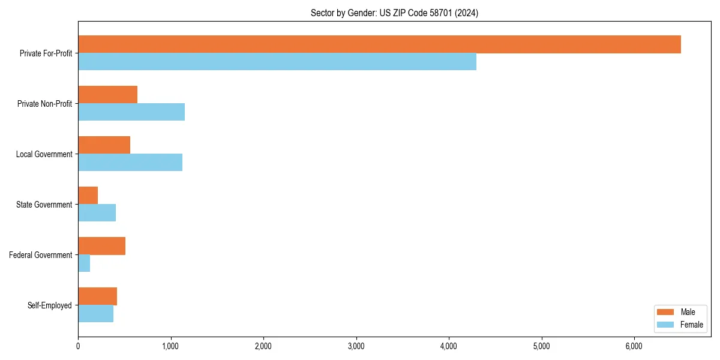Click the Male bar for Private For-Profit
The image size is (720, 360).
point(379,44)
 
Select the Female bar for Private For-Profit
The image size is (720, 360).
point(277,62)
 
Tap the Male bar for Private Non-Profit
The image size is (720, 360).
point(108,95)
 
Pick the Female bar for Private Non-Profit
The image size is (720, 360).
point(131,112)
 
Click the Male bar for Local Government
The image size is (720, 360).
point(104,145)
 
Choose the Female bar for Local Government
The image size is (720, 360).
point(130,163)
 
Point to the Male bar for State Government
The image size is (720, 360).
point(88,196)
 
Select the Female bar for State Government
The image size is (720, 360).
point(97,213)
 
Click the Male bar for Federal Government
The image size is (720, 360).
point(102,246)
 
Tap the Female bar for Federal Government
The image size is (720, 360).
point(84,263)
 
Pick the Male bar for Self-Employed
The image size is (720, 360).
point(98,296)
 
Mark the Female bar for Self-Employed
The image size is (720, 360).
point(96,314)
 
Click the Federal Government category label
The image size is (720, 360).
point(41,255)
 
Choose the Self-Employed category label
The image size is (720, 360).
point(50,305)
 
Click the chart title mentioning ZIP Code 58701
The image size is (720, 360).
point(394,13)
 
